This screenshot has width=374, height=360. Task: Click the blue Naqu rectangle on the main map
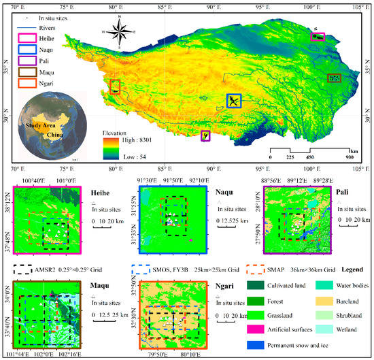[x=233, y=101]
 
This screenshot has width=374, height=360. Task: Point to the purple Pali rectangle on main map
[x=205, y=135]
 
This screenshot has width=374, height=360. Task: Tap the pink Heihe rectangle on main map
[x=318, y=36]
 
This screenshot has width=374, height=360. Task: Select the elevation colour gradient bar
[x=109, y=148]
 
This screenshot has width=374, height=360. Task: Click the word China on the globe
[x=54, y=136]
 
